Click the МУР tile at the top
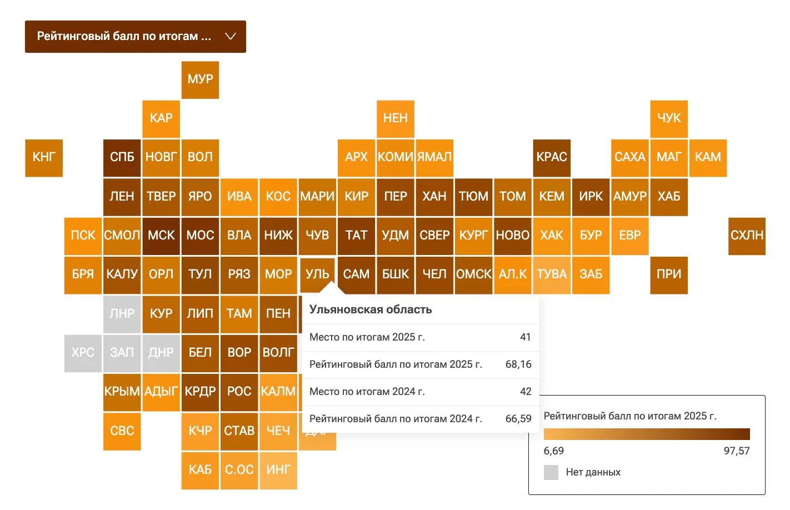[200, 80]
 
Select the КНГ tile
[44, 158]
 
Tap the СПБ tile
[122, 158]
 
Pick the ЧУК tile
[669, 119]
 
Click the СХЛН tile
[747, 236]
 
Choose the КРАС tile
[552, 158]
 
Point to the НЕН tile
[396, 119]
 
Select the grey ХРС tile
[83, 353]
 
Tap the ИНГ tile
[278, 471]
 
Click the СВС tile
[122, 431]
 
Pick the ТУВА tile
[552, 275]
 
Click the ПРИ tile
[669, 275]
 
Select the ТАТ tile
[356, 236]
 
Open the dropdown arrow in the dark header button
[231, 36]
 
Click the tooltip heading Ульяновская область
[371, 309]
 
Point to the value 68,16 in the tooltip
[518, 364]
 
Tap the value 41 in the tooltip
[525, 337]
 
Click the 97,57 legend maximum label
[737, 451]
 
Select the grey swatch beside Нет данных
[551, 472]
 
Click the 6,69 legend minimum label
[553, 451]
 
